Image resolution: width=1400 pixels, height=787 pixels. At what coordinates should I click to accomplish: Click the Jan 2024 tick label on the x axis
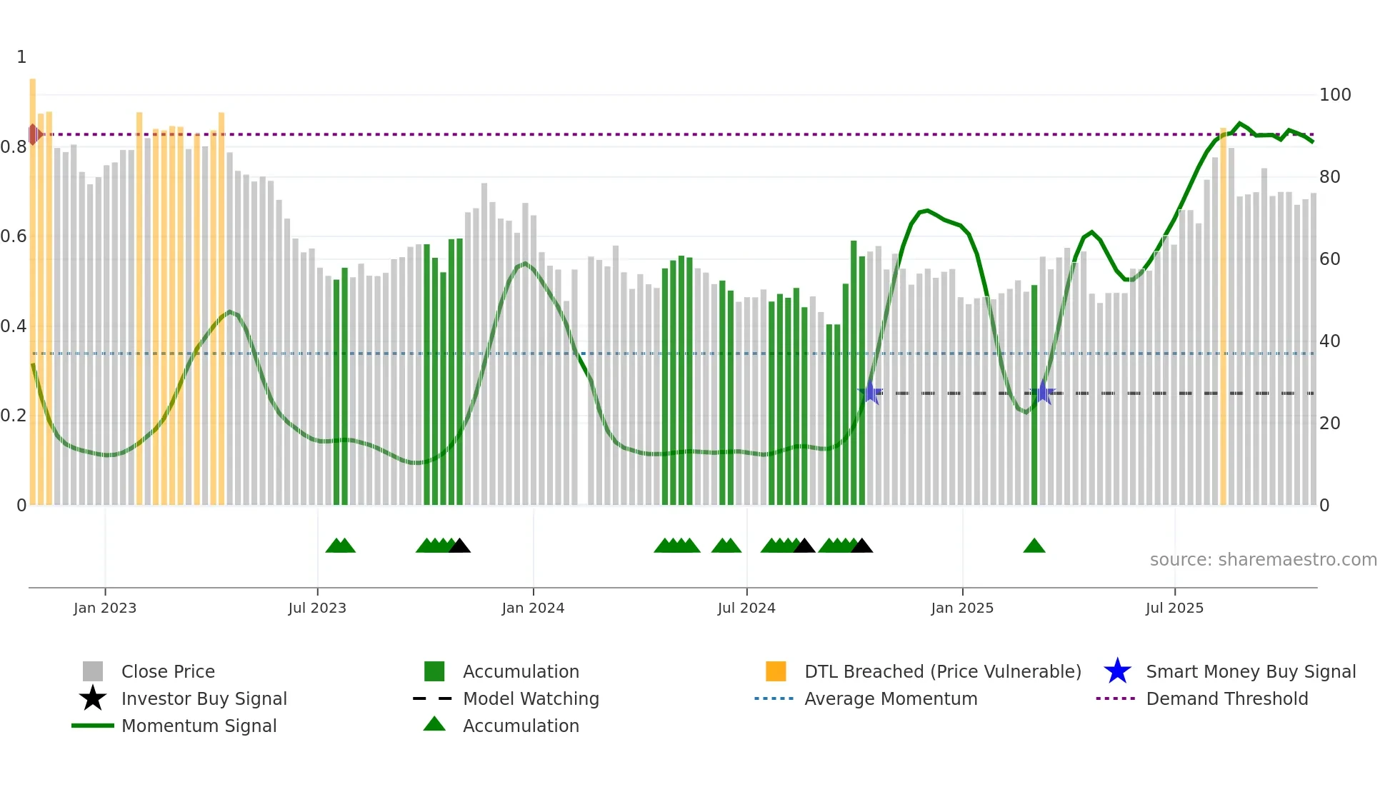[x=533, y=608]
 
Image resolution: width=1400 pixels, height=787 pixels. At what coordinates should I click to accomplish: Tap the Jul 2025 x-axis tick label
[x=1174, y=608]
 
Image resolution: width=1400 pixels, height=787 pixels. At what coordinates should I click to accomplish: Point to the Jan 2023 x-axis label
[x=105, y=608]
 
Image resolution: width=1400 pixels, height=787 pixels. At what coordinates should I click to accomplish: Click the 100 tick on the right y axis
[x=1334, y=95]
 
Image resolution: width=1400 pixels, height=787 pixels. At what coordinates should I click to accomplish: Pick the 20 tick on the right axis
[x=1329, y=423]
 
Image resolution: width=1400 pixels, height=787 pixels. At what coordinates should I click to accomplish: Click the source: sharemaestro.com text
[x=1263, y=560]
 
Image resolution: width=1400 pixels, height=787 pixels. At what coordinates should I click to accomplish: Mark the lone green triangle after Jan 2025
[x=1034, y=546]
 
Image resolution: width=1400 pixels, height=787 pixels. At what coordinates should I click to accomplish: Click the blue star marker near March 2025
[x=1043, y=392]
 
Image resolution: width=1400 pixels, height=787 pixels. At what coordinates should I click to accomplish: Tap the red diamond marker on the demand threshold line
[x=34, y=134]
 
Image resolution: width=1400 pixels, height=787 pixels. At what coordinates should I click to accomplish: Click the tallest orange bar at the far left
[x=33, y=286]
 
